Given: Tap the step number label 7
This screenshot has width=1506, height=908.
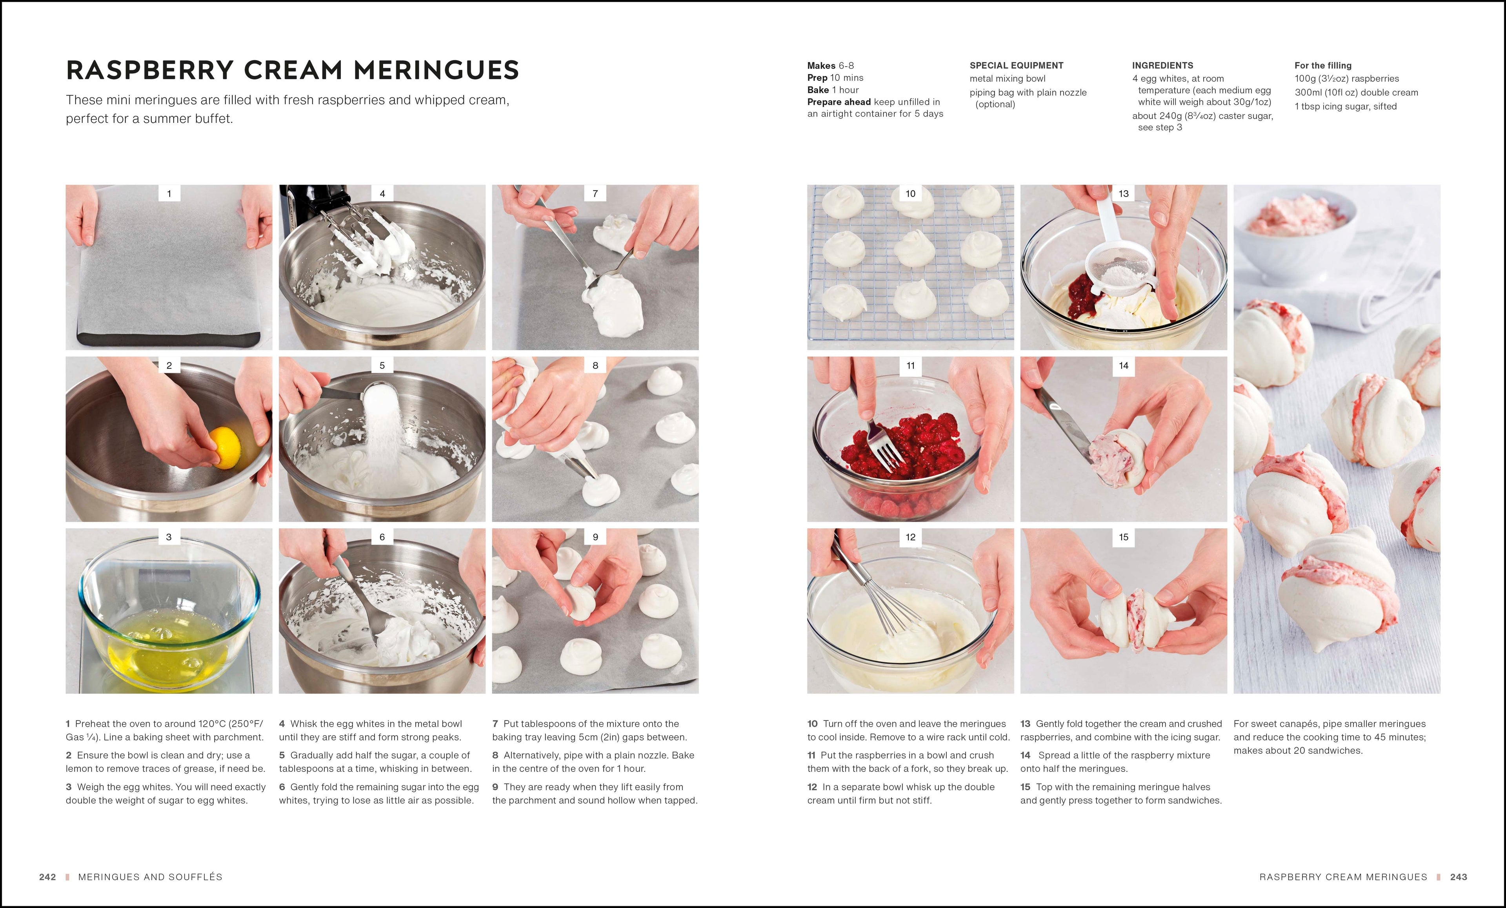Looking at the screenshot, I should click(x=595, y=194).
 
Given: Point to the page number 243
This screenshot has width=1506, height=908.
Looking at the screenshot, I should click(x=1458, y=877).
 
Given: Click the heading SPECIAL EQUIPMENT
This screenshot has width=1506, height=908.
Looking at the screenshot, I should click(x=1016, y=66).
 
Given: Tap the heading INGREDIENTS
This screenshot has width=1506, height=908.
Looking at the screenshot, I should click(x=1162, y=66).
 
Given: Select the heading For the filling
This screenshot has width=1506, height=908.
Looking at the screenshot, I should click(x=1322, y=66).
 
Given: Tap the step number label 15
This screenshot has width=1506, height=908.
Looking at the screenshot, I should click(x=1123, y=537).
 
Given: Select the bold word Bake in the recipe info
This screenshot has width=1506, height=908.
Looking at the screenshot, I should click(x=818, y=90).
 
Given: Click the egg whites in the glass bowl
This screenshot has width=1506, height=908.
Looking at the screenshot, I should click(x=168, y=654).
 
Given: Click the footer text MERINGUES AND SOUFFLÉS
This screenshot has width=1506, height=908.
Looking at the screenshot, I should click(x=150, y=877).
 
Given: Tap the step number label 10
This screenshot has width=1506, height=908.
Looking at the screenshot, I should click(x=910, y=194).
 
